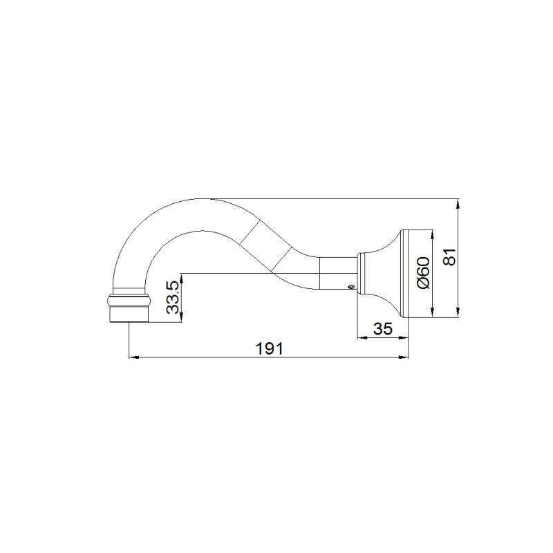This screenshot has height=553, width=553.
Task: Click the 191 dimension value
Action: [x=269, y=349]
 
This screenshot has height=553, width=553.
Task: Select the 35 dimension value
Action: [x=383, y=329]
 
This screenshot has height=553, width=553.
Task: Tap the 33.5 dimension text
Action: [x=174, y=297]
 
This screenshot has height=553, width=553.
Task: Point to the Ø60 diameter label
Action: [x=424, y=273]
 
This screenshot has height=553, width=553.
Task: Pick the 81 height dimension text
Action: [x=450, y=256]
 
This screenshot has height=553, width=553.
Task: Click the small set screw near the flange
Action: [x=350, y=288]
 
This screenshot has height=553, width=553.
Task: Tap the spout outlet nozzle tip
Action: [x=129, y=315]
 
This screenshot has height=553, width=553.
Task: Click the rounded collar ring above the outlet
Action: [x=129, y=301]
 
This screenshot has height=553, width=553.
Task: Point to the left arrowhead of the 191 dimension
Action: [x=133, y=357]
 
